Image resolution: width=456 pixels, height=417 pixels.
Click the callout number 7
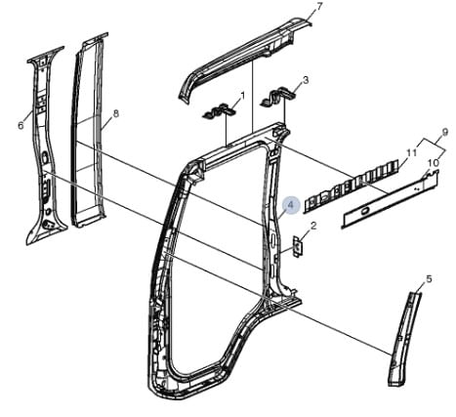[x=319, y=7]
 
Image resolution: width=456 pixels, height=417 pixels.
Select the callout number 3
[x=305, y=80]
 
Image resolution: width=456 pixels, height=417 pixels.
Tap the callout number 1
[x=242, y=96]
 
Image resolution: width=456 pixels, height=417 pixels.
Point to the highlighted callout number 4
[x=291, y=205]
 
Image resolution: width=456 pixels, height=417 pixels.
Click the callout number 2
[x=313, y=226]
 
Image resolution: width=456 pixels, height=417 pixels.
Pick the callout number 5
[x=429, y=279]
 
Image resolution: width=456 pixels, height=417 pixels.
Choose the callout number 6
[x=21, y=125]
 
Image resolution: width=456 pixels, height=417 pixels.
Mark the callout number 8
[x=115, y=113]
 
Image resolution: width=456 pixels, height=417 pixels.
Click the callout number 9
[x=445, y=132]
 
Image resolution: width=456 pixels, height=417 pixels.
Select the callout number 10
[x=434, y=163]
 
